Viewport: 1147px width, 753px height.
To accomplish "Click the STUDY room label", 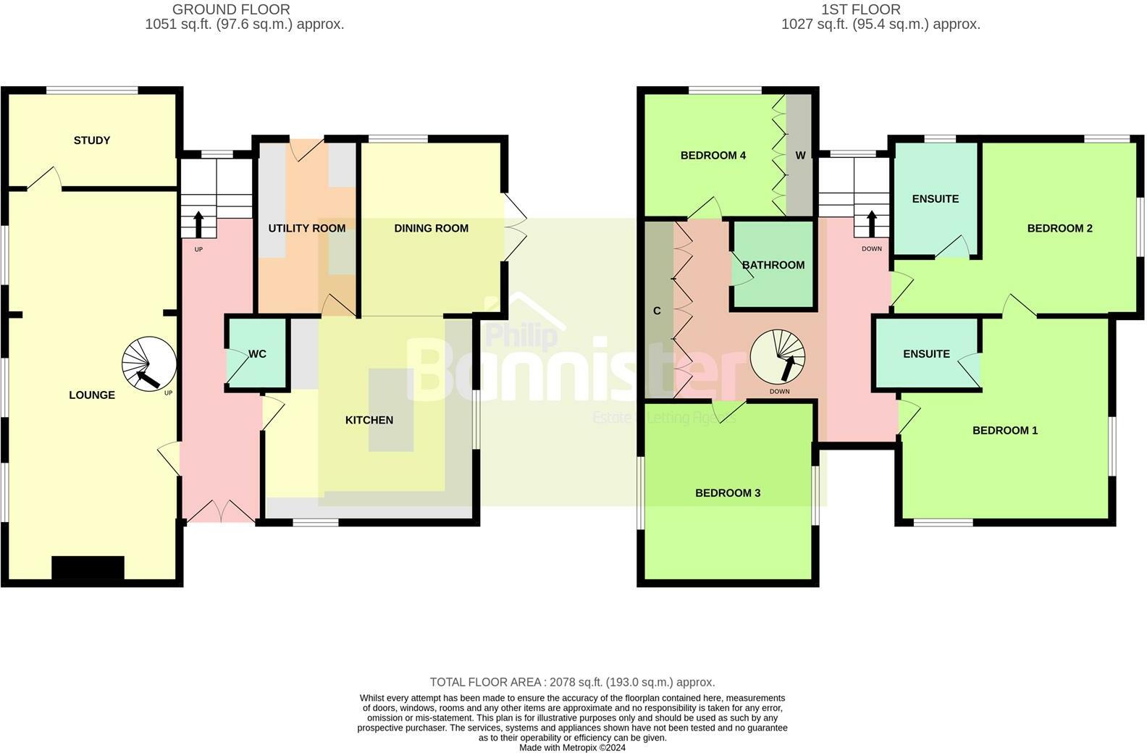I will (x=92, y=140).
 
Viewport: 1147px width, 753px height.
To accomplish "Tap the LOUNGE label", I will (x=92, y=395).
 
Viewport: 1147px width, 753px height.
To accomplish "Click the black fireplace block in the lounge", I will (x=88, y=568).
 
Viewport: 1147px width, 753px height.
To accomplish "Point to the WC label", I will (x=257, y=354).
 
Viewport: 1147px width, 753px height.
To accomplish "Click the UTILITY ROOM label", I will (x=307, y=229).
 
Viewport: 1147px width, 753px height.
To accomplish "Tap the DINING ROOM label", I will (x=431, y=229).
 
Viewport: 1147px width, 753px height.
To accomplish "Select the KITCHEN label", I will (x=369, y=421).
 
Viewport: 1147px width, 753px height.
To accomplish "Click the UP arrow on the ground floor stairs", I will (x=198, y=224).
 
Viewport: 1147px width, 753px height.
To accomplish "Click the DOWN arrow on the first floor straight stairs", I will (x=872, y=224).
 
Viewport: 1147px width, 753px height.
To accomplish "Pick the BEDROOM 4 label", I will (x=713, y=156).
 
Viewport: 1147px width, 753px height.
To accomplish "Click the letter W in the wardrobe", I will (x=800, y=156).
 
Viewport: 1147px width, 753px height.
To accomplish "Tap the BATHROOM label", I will (x=773, y=265).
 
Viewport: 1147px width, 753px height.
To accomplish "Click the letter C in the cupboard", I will (x=657, y=311).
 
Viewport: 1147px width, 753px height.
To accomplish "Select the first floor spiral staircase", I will (x=778, y=357).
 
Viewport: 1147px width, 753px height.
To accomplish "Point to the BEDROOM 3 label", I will (x=728, y=493).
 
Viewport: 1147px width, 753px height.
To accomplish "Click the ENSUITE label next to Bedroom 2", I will (x=936, y=199).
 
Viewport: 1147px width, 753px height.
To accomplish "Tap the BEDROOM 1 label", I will (x=1005, y=431).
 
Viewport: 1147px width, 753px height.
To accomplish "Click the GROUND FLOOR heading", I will (x=231, y=9).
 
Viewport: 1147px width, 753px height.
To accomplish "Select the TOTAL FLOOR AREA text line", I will (x=572, y=682).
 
